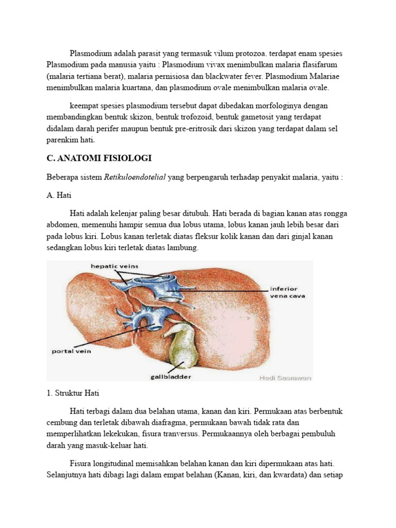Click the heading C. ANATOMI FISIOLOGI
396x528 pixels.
point(99,158)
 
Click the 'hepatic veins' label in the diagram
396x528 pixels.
point(114,266)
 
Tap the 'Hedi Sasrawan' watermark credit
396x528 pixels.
point(285,377)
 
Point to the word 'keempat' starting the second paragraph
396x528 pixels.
point(84,105)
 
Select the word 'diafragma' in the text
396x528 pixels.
point(147,423)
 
